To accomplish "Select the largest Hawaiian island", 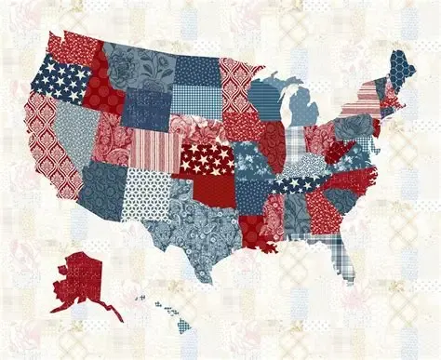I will click(x=183, y=326).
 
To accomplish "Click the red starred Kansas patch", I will click(x=206, y=157).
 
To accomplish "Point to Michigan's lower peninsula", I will click(x=303, y=108).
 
